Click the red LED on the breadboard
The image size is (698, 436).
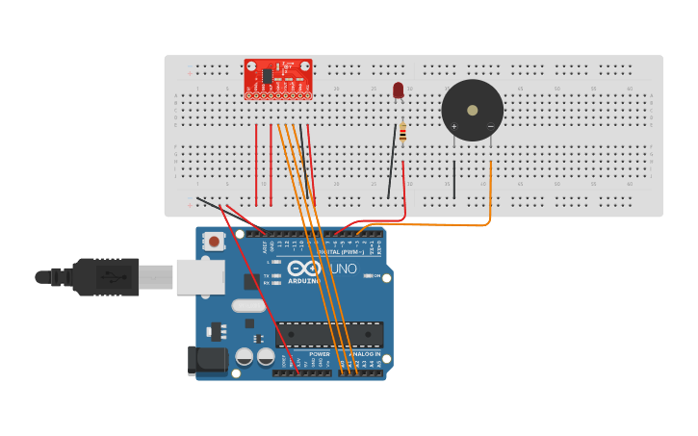click(399, 90)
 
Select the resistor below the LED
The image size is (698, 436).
click(401, 132)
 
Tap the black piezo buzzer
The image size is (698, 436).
click(472, 110)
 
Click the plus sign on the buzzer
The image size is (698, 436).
click(453, 126)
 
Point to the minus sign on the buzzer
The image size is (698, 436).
click(490, 126)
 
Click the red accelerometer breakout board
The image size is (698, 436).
click(277, 78)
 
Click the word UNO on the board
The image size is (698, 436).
click(344, 269)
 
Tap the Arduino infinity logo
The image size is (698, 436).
click(303, 270)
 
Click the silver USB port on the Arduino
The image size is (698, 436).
click(200, 277)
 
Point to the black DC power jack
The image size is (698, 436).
click(207, 360)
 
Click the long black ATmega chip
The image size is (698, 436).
click(329, 335)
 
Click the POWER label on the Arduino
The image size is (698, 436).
click(320, 354)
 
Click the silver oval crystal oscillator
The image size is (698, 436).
click(247, 306)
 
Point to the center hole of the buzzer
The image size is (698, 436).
click(472, 110)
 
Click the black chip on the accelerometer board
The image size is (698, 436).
click(267, 75)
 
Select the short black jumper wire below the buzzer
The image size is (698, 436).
click(454, 179)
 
